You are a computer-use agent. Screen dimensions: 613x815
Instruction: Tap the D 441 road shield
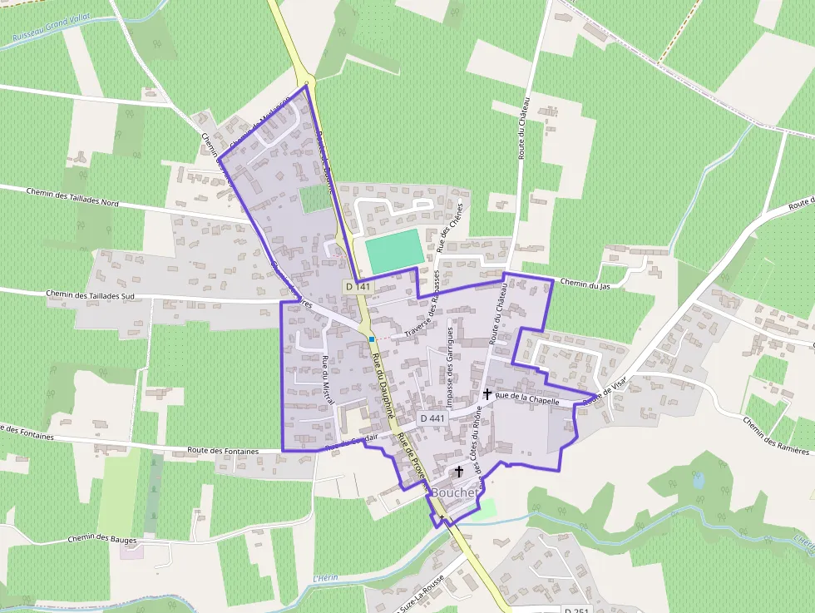[x=433, y=418]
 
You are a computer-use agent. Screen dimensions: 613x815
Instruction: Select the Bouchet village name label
[x=454, y=492]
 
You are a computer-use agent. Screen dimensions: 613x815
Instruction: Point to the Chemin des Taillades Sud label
[x=91, y=295]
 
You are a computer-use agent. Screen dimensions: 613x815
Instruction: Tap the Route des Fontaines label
[x=224, y=451]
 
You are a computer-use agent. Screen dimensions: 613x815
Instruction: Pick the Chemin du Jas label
[x=585, y=284]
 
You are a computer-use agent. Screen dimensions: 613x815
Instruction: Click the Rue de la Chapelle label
[x=526, y=399]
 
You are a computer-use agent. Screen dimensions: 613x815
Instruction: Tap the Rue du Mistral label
[x=327, y=380]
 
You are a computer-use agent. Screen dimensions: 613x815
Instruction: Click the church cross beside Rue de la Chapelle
[x=487, y=393]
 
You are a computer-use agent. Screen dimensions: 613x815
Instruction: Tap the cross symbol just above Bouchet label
[x=458, y=471]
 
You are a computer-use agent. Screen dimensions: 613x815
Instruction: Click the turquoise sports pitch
[x=393, y=251]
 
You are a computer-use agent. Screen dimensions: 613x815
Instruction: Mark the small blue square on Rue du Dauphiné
[x=372, y=339]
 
